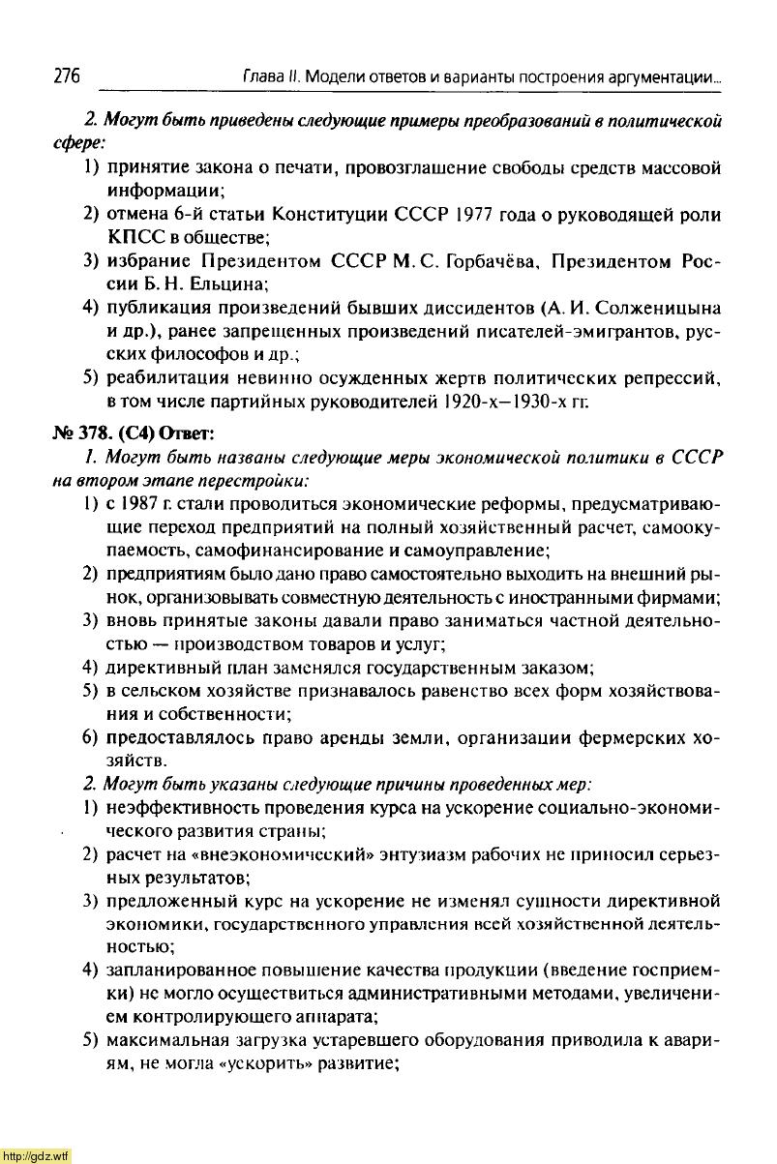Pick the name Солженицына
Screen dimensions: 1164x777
pyautogui.click(x=655, y=309)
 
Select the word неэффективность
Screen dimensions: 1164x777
pyautogui.click(x=184, y=808)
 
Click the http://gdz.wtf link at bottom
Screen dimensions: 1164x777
pyautogui.click(x=36, y=1155)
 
